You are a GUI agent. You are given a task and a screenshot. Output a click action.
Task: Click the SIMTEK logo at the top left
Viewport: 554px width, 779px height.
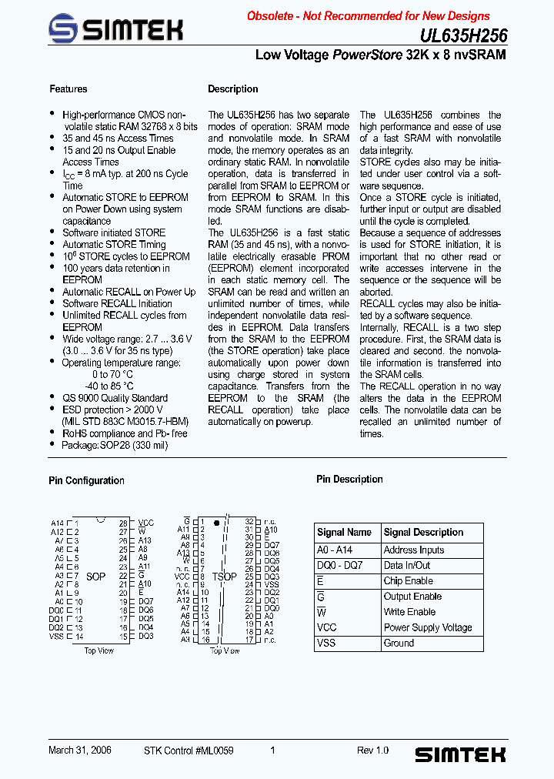(x=115, y=29)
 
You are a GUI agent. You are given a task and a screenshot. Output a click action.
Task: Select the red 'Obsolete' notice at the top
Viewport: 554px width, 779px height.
(x=368, y=15)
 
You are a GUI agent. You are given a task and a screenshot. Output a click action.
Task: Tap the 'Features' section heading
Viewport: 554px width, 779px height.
(x=68, y=89)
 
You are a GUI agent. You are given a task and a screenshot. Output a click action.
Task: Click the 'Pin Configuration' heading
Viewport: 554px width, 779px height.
(x=86, y=480)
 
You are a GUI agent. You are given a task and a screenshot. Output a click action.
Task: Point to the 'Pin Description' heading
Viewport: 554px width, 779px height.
(x=349, y=479)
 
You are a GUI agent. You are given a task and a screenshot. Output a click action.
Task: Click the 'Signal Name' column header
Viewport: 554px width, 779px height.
(x=344, y=532)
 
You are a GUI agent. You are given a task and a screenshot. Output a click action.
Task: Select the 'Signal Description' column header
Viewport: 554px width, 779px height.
(x=423, y=532)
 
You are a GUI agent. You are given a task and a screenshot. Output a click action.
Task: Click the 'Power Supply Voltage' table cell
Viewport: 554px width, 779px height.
(x=428, y=627)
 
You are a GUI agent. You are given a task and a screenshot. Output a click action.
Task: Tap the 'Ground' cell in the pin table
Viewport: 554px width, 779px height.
(x=399, y=643)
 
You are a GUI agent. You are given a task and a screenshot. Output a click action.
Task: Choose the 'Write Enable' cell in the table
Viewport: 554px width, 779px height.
(x=409, y=612)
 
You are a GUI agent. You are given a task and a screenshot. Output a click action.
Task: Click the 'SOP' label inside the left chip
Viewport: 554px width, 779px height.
(x=95, y=576)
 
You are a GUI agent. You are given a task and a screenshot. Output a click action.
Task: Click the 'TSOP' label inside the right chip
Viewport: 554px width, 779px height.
(x=225, y=576)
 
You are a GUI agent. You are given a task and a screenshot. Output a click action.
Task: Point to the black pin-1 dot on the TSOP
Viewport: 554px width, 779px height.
(x=217, y=523)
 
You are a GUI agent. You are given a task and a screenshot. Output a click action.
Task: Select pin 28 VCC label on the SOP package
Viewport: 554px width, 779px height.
(x=145, y=523)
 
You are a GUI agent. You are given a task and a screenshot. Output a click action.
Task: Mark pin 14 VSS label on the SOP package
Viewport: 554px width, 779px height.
(x=56, y=636)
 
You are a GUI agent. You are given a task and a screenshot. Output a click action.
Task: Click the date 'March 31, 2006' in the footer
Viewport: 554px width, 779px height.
(x=80, y=750)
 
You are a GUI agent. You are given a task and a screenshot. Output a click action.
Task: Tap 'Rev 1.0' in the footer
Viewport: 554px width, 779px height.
(x=372, y=750)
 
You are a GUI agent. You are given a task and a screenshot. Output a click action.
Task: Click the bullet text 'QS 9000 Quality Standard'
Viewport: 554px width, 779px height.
(x=115, y=398)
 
